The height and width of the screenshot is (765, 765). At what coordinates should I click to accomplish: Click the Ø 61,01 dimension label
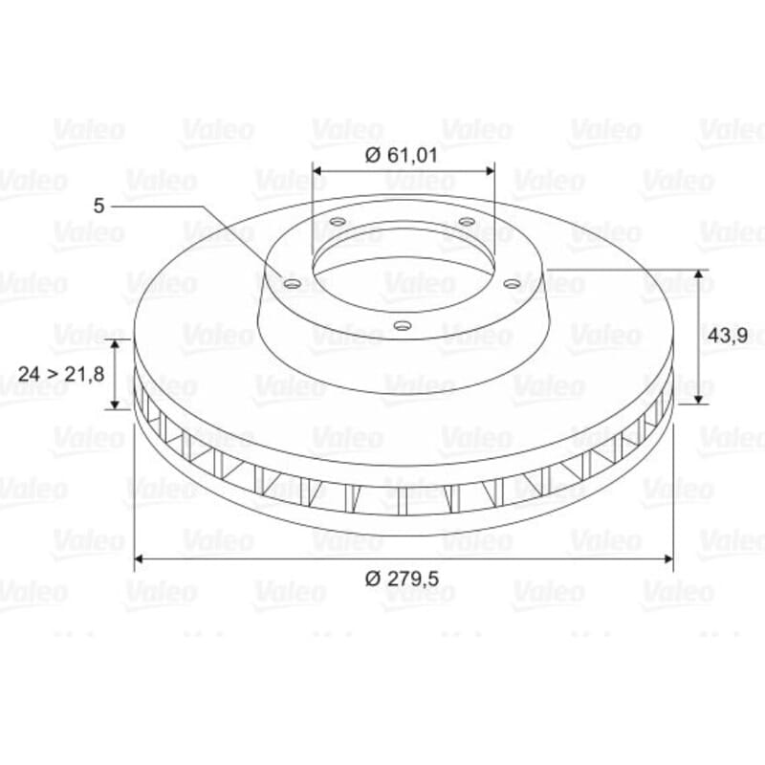pyautogui.click(x=401, y=155)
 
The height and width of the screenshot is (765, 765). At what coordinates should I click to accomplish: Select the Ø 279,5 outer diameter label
pyautogui.click(x=402, y=579)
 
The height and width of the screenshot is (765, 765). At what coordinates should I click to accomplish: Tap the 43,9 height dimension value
pyautogui.click(x=728, y=336)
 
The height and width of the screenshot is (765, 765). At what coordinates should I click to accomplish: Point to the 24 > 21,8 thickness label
pyautogui.click(x=61, y=374)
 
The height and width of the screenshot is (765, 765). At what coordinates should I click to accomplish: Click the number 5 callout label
pyautogui.click(x=99, y=206)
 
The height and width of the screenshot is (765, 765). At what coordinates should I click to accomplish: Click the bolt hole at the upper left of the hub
pyautogui.click(x=338, y=222)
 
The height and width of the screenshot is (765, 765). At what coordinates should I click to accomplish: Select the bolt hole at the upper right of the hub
pyautogui.click(x=467, y=222)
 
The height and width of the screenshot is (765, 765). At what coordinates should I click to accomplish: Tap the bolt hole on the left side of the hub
pyautogui.click(x=292, y=283)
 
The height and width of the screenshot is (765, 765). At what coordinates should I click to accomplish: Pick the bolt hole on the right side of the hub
pyautogui.click(x=512, y=283)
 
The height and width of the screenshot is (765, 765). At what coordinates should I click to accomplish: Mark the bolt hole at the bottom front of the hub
pyautogui.click(x=403, y=325)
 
